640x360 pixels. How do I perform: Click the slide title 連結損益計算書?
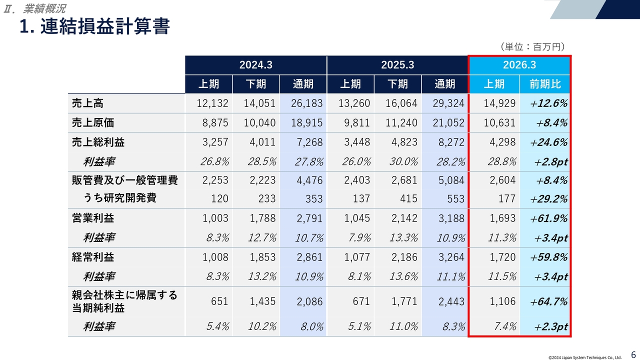click(x=94, y=26)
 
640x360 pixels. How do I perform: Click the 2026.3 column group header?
click(x=519, y=65)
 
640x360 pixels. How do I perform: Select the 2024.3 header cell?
click(x=255, y=65)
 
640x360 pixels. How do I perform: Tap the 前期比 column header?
click(x=545, y=84)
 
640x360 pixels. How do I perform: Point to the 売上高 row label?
click(x=88, y=103)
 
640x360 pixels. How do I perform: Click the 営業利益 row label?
click(x=93, y=218)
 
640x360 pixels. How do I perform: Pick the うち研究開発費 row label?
click(x=119, y=198)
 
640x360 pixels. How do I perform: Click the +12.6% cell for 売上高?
click(x=549, y=103)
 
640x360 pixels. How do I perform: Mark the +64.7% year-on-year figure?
click(x=549, y=301)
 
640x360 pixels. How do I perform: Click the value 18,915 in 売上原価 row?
click(x=302, y=123)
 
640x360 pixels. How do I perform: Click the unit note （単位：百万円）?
click(x=532, y=46)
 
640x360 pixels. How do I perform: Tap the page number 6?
click(x=633, y=354)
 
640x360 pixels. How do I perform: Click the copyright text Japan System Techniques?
click(x=584, y=357)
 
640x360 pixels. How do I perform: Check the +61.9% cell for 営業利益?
click(x=549, y=218)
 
